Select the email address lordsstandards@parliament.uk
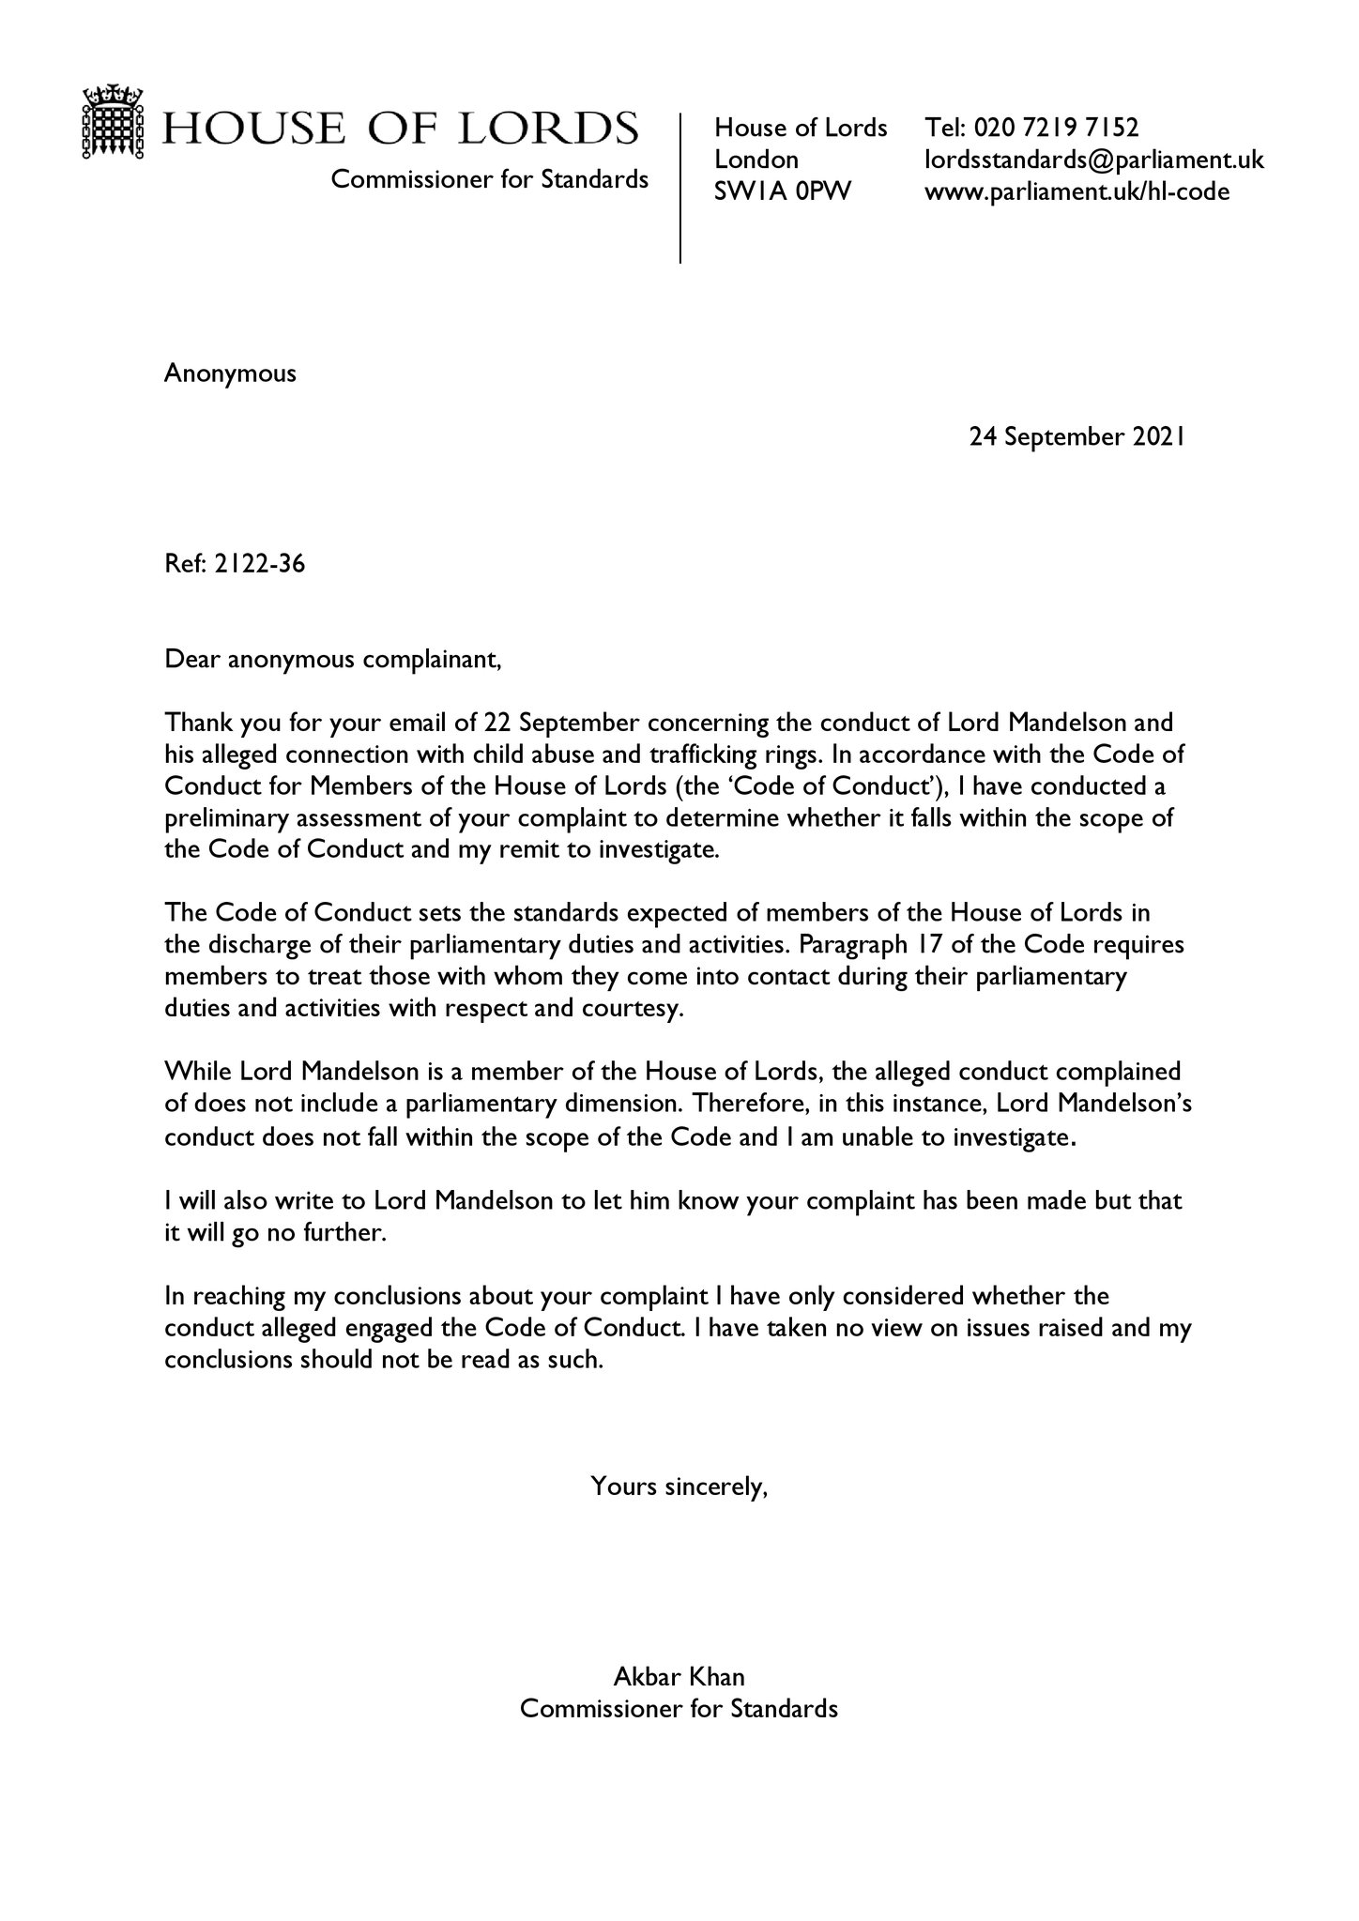pos(1094,160)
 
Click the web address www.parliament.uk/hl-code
pos(1077,191)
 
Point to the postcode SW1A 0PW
pos(783,191)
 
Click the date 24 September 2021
pos(1077,436)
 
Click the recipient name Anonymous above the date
pos(230,373)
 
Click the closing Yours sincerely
pos(679,1486)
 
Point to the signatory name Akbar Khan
pos(679,1676)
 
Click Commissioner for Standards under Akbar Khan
pos(679,1708)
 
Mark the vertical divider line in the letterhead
pos(679,188)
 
